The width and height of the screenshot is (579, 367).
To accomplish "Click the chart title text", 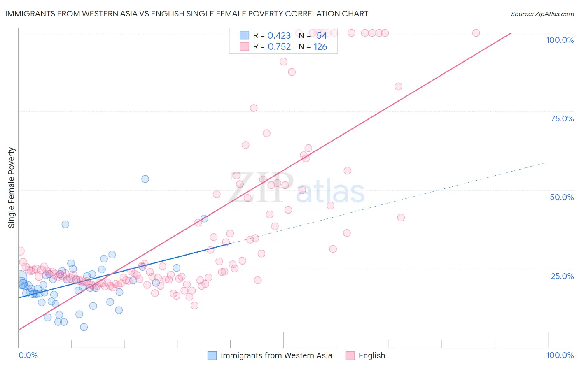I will pos(187,14).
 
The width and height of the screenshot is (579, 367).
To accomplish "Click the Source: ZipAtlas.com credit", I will pos(542,14).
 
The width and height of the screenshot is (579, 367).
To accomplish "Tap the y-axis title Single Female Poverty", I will pos(12,188).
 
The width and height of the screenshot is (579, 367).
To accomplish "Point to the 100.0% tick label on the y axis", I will pos(560,40).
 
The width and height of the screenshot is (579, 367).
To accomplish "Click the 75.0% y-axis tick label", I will pos(562,118).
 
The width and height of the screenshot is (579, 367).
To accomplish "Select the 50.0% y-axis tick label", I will pos(562,197).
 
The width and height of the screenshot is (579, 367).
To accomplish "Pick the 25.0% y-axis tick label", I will pos(562,276).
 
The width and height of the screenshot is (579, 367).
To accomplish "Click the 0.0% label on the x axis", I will pos(28,355).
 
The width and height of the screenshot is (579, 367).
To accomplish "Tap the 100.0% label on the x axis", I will pos(560,355).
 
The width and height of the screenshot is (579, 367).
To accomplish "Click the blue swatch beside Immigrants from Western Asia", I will pos(212,355).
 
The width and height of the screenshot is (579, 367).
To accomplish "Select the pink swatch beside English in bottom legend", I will pos(350,355).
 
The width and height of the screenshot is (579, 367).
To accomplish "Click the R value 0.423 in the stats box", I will pos(279,36).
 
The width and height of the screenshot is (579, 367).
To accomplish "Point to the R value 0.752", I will pos(279,47).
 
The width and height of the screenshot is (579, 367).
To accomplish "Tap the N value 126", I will pos(320,47).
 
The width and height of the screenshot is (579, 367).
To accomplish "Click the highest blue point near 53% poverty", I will pos(145,179).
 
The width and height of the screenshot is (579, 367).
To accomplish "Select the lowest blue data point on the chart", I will pos(84,327).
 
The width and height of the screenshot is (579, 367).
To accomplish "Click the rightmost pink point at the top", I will pos(476,33).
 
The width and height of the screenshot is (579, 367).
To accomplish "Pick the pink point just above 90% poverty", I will pos(283,62).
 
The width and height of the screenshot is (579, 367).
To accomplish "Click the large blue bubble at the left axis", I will pos(19,277).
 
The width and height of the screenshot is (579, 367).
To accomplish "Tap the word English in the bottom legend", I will pos(371,355).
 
